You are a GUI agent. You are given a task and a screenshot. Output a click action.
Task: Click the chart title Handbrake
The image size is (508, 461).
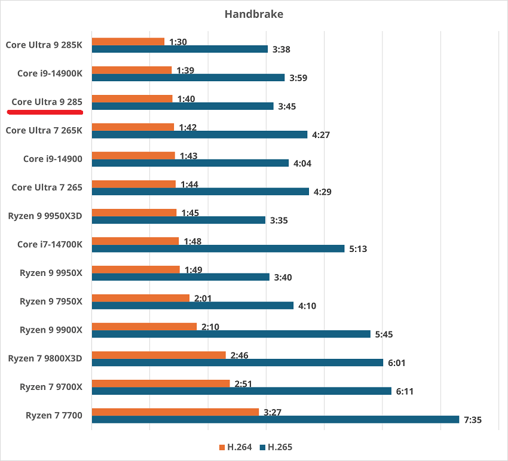[253, 14]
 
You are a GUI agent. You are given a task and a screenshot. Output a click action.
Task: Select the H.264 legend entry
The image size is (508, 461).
[238, 447]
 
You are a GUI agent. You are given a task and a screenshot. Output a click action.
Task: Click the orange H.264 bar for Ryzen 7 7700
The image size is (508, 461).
[175, 412]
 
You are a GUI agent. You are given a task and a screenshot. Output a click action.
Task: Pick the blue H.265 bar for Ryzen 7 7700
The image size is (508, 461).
[275, 420]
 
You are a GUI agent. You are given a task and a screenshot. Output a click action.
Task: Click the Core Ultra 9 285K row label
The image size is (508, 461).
[44, 44]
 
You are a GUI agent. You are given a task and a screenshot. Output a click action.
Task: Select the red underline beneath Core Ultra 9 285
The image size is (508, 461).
[47, 111]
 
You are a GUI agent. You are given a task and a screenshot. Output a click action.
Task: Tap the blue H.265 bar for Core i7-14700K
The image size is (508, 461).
[218, 248]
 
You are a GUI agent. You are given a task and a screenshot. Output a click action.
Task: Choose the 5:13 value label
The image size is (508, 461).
[358, 248]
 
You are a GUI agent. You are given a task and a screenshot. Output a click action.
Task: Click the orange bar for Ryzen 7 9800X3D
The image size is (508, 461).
[158, 355]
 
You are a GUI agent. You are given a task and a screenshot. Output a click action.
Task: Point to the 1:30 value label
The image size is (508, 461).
[178, 42]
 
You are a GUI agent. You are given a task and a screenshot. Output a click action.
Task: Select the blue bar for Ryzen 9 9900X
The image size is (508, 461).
[231, 334]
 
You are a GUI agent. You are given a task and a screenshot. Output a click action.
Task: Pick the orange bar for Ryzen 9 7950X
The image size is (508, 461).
[140, 297]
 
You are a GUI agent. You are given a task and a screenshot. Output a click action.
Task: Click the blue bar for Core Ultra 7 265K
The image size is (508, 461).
[199, 134]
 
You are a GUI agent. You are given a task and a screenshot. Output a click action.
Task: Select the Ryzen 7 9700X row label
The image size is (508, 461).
[51, 387]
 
